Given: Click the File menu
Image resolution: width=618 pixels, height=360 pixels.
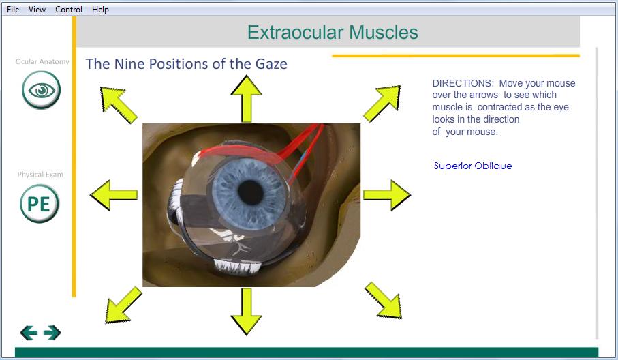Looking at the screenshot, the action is (13, 9).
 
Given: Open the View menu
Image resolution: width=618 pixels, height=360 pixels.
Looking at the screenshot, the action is (37, 9).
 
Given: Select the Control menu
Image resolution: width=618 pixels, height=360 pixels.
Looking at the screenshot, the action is (69, 9).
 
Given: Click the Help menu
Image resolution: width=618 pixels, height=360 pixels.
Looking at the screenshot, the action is (100, 9).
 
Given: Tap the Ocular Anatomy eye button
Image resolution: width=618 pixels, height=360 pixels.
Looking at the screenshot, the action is (42, 90).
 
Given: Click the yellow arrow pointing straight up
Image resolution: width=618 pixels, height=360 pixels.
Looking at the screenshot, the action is (247, 99).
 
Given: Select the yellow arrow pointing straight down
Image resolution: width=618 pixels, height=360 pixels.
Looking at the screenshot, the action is (247, 312).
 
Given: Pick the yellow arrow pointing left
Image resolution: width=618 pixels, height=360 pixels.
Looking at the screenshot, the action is (114, 195).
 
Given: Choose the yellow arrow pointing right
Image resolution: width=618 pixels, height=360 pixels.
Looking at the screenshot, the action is (387, 195).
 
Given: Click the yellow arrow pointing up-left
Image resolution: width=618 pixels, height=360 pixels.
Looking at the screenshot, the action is (119, 104).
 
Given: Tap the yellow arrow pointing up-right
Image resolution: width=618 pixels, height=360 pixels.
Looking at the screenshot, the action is (382, 104).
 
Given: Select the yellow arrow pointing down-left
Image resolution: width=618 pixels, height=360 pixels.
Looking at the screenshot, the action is (123, 305).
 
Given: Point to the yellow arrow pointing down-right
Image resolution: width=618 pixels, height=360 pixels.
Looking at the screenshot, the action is (383, 300).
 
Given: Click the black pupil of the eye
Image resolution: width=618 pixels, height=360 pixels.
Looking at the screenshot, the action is (250, 192).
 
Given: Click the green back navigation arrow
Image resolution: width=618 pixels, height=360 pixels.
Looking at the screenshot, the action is (29, 333).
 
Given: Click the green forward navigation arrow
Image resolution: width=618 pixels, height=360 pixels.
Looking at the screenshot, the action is (52, 333).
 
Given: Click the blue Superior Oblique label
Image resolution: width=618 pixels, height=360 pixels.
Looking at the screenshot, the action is (473, 166).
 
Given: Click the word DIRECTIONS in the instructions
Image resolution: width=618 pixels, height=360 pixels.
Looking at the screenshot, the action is (463, 83).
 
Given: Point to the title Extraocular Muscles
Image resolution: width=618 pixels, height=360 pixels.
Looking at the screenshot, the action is (333, 32).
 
